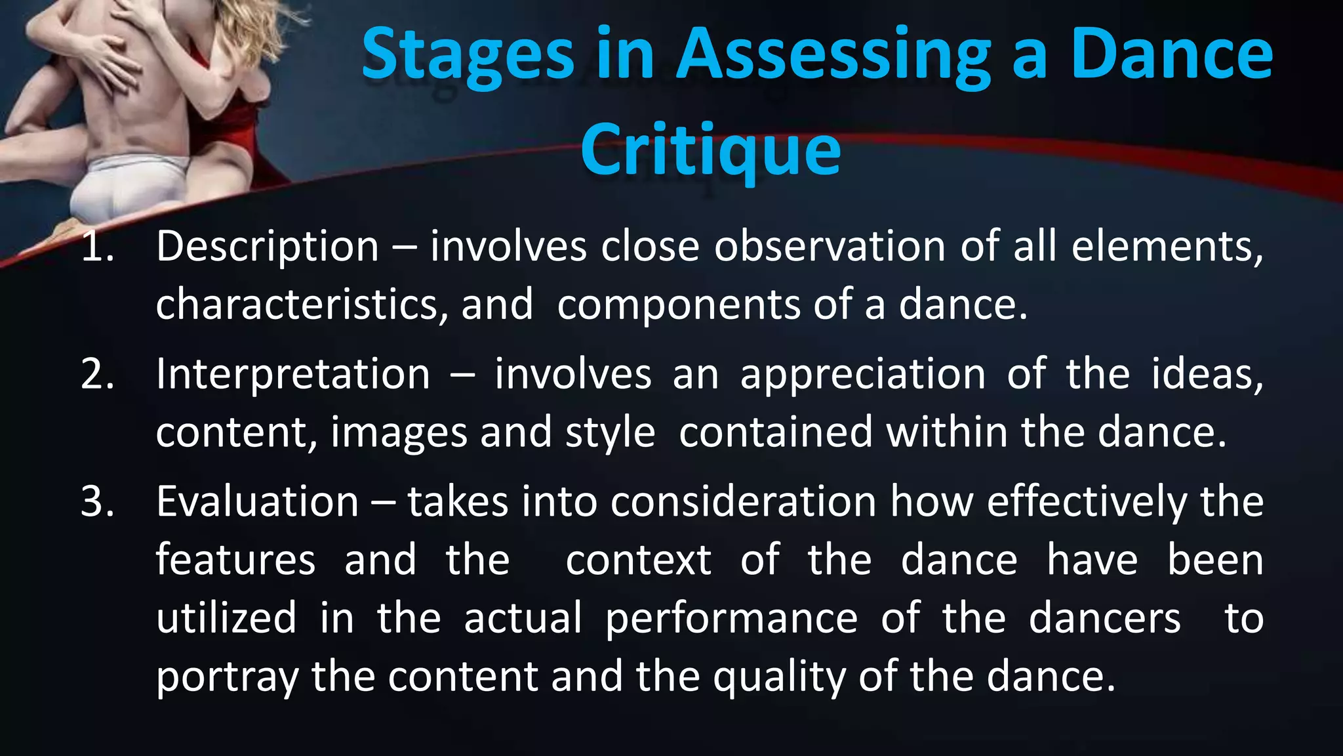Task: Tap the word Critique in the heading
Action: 710,150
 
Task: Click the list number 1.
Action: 97,247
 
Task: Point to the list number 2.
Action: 97,374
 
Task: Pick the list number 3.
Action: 97,501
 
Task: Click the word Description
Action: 268,248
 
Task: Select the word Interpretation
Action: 293,374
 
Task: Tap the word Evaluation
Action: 257,501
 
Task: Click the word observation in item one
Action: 830,247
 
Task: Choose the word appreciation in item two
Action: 862,375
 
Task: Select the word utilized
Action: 226,619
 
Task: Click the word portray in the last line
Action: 226,678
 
